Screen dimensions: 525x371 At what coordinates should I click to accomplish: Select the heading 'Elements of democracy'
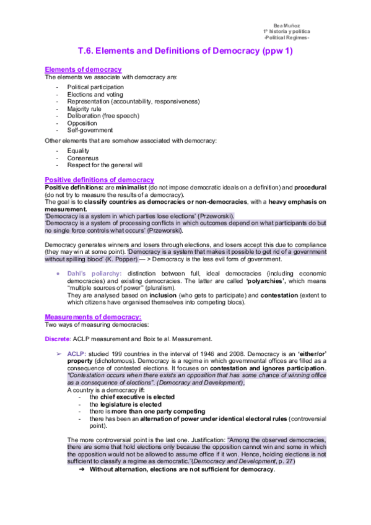click(x=83, y=69)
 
